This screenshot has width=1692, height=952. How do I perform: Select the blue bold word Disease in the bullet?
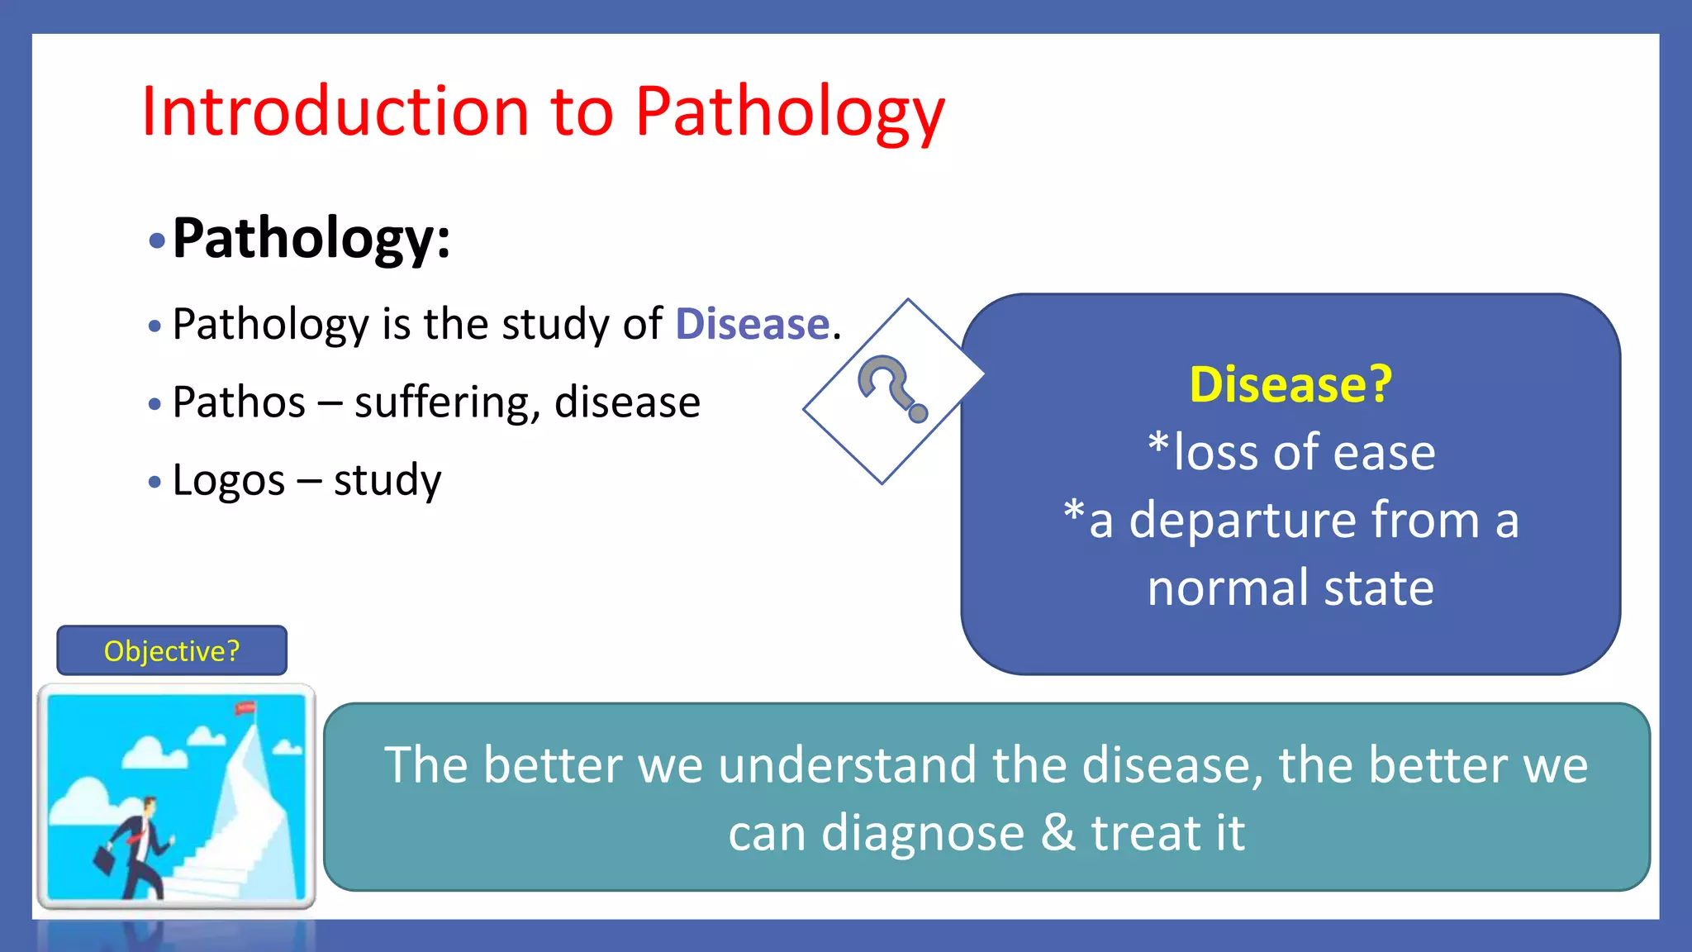click(752, 323)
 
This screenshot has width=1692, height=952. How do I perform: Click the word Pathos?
click(239, 402)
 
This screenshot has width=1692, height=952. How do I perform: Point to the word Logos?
click(229, 480)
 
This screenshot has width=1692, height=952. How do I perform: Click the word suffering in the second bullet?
click(446, 402)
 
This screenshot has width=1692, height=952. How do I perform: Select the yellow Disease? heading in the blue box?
click(1290, 384)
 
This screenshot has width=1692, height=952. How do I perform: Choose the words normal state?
click(1290, 588)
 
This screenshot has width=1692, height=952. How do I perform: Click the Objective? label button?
click(172, 651)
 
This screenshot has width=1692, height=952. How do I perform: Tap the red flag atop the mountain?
click(245, 708)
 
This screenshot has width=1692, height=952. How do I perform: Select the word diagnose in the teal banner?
click(922, 832)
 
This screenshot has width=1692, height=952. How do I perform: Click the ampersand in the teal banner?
click(1057, 832)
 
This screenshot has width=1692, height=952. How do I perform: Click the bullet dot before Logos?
click(154, 482)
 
